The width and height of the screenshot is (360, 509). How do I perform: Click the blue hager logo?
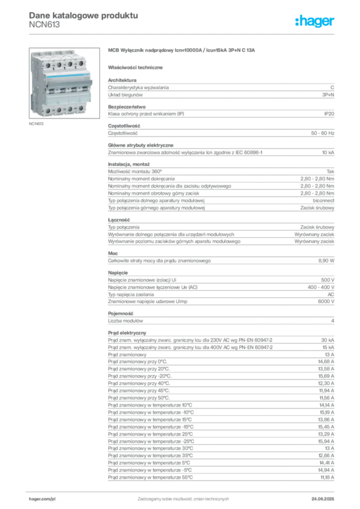tap(315, 21)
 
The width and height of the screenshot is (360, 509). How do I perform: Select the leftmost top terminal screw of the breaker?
tap(48, 65)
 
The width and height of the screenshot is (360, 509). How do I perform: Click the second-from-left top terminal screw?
tap(59, 65)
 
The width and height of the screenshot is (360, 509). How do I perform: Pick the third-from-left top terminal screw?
tap(70, 65)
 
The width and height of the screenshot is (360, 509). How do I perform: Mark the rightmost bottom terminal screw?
tap(81, 109)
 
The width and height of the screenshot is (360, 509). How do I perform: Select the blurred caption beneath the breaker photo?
tap(35, 122)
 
